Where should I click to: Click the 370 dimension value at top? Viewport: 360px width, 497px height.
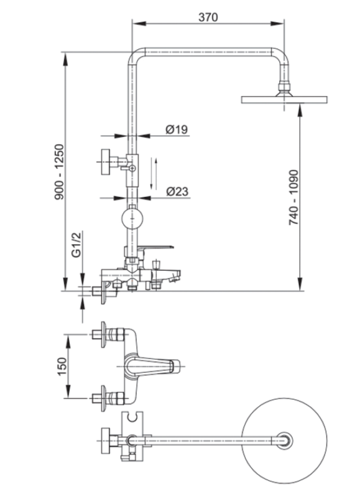pyautogui.click(x=208, y=17)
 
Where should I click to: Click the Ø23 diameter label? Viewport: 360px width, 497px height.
pyautogui.click(x=177, y=192)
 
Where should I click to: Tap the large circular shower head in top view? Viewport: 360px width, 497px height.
pyautogui.click(x=287, y=441)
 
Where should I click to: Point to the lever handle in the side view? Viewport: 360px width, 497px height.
pyautogui.click(x=155, y=248)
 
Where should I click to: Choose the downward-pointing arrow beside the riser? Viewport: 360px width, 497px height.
pyautogui.click(x=152, y=174)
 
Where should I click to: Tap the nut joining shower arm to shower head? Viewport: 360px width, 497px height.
pyautogui.click(x=285, y=86)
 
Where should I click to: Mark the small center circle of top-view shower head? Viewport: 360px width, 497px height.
pyautogui.click(x=287, y=441)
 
